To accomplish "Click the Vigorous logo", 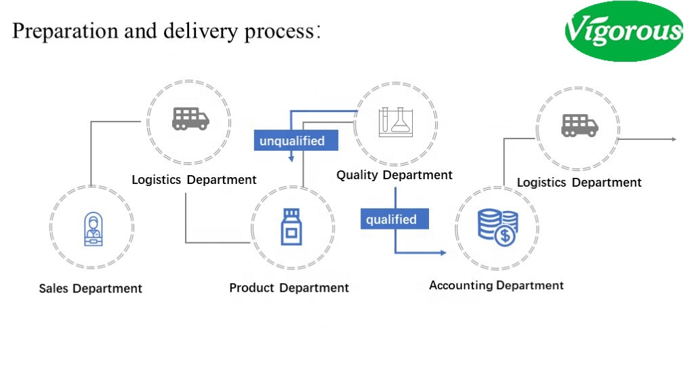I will pos(624,31).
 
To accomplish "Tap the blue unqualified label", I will pos(292,141).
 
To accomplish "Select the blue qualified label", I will pos(391,219).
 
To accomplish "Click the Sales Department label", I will pos(90,288).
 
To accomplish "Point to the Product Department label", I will pos(289,288).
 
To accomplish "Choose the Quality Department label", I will pos(394,175).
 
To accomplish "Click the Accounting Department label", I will pos(496,285).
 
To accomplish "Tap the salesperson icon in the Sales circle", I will pos(92,228).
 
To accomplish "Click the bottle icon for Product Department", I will pos(291,227).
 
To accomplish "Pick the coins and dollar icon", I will pos(497,227).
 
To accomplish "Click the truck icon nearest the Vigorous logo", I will pos(579,125).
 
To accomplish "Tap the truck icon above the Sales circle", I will pos(190,118).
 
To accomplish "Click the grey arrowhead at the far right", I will pos(674,139).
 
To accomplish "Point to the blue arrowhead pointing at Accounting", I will pos(443,253).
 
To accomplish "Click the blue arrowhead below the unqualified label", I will pos(291,159).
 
